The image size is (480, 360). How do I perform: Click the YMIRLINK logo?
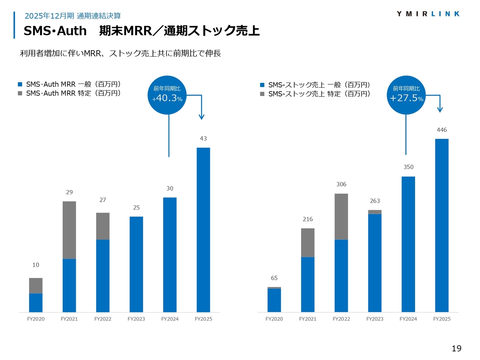(428, 14)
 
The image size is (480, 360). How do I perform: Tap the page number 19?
(456, 348)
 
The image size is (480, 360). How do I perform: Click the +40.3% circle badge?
(167, 95)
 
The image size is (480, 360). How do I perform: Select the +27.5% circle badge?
(406, 95)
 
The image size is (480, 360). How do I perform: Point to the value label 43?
(203, 138)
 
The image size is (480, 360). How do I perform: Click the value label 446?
(442, 130)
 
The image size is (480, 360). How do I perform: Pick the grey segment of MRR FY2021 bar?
(69, 230)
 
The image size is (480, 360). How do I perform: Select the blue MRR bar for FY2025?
(203, 229)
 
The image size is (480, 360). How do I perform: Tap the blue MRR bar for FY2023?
(136, 264)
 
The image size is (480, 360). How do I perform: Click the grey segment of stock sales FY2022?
(341, 216)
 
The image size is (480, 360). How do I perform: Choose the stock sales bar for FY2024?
(408, 244)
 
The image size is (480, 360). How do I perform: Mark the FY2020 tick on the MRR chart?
(36, 319)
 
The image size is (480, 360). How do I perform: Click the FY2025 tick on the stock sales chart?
(442, 319)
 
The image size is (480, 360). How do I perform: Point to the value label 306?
(341, 184)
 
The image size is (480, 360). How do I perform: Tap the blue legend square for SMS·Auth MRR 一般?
(20, 84)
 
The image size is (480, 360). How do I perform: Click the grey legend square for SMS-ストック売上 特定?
(262, 94)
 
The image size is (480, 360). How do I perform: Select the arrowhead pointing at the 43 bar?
(201, 117)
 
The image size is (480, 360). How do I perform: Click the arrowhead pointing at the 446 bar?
(440, 109)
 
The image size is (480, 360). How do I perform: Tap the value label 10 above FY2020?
(36, 265)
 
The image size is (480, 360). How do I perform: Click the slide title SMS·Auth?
(55, 31)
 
